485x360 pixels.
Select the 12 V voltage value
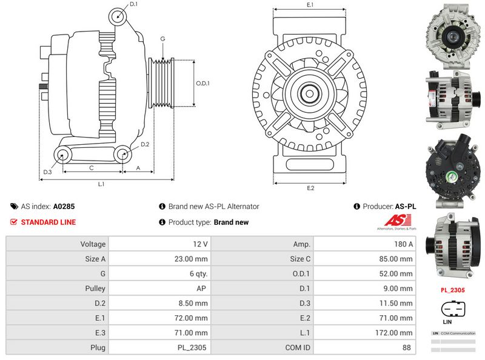[x=159, y=244]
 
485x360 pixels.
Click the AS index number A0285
[x=64, y=206]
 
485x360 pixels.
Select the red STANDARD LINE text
[x=48, y=222]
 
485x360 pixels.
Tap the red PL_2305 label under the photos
[x=452, y=290]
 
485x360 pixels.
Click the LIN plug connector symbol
[x=452, y=310]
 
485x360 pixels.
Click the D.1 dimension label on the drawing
[x=134, y=5]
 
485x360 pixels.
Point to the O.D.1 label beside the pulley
[x=202, y=83]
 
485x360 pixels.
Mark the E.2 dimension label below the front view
[x=310, y=188]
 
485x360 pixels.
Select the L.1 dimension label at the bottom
[x=102, y=184]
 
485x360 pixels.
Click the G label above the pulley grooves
[x=162, y=39]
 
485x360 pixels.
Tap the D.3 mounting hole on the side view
[x=62, y=156]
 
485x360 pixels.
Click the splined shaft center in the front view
[x=310, y=93]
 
